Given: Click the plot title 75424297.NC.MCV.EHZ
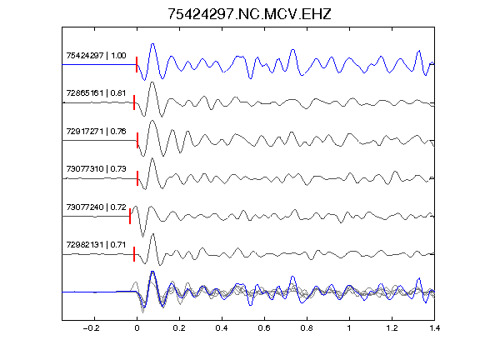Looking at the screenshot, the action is [x=249, y=14].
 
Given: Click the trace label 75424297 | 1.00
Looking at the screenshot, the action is [x=96, y=55].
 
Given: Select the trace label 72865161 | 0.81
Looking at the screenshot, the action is [x=96, y=93].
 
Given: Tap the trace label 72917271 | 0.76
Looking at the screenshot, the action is [x=96, y=132].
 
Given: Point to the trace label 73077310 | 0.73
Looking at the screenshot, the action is [x=96, y=169].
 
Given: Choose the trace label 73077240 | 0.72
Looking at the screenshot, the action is [x=96, y=207].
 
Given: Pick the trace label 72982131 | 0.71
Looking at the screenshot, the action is [x=96, y=245].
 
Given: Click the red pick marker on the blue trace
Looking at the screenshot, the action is [x=137, y=65].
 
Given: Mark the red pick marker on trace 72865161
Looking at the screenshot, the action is [x=134, y=102].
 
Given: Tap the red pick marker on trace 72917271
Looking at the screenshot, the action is [x=137, y=140].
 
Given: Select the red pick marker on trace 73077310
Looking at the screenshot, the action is [x=137, y=178].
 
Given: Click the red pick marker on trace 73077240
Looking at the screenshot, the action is [x=130, y=216].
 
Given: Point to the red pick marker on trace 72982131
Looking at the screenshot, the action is [x=134, y=254].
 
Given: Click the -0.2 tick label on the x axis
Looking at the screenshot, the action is [x=92, y=328].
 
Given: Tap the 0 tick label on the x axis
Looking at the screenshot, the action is [x=137, y=328].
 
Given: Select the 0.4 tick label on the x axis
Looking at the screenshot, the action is [x=222, y=328].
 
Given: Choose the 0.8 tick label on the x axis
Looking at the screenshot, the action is [x=307, y=328].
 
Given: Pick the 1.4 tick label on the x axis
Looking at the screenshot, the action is [x=435, y=328].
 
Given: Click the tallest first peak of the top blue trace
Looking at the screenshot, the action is [x=152, y=44].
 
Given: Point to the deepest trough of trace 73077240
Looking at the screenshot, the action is [x=142, y=237].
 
